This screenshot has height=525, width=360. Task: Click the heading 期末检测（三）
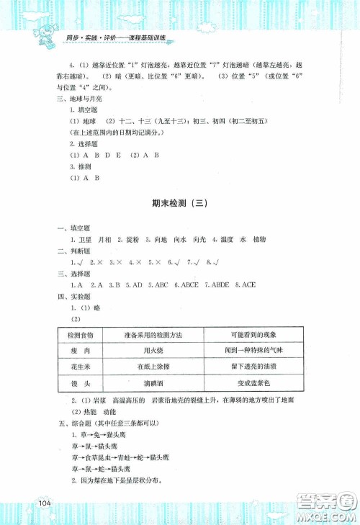tap(179, 204)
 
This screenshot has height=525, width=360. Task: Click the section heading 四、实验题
tap(71, 296)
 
